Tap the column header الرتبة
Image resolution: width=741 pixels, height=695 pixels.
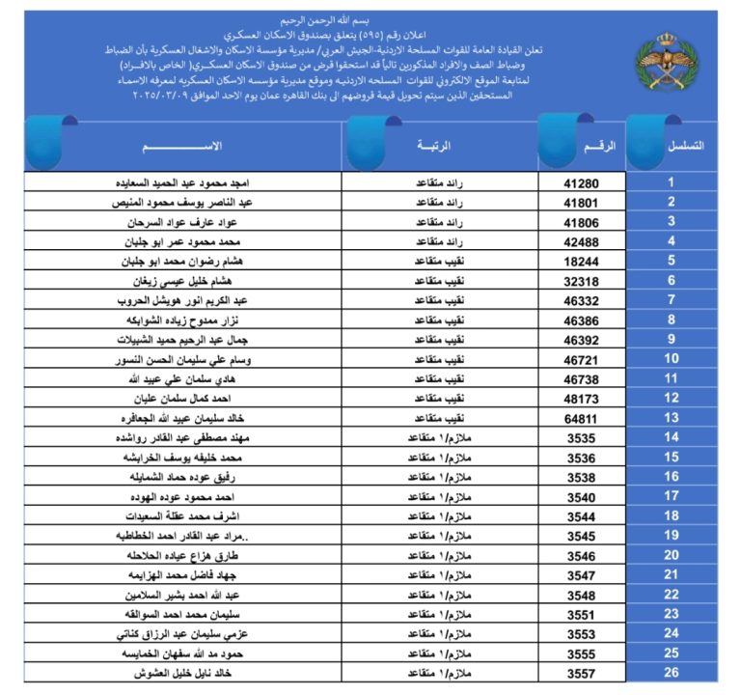[x=435, y=145]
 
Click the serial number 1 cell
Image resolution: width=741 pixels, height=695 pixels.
[x=672, y=181]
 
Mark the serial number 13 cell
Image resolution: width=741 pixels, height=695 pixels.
[x=672, y=417]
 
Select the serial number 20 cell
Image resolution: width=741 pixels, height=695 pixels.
[x=672, y=555]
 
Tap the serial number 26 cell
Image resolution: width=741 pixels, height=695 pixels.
[x=672, y=673]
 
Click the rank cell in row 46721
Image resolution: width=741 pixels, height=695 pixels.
[x=433, y=359]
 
